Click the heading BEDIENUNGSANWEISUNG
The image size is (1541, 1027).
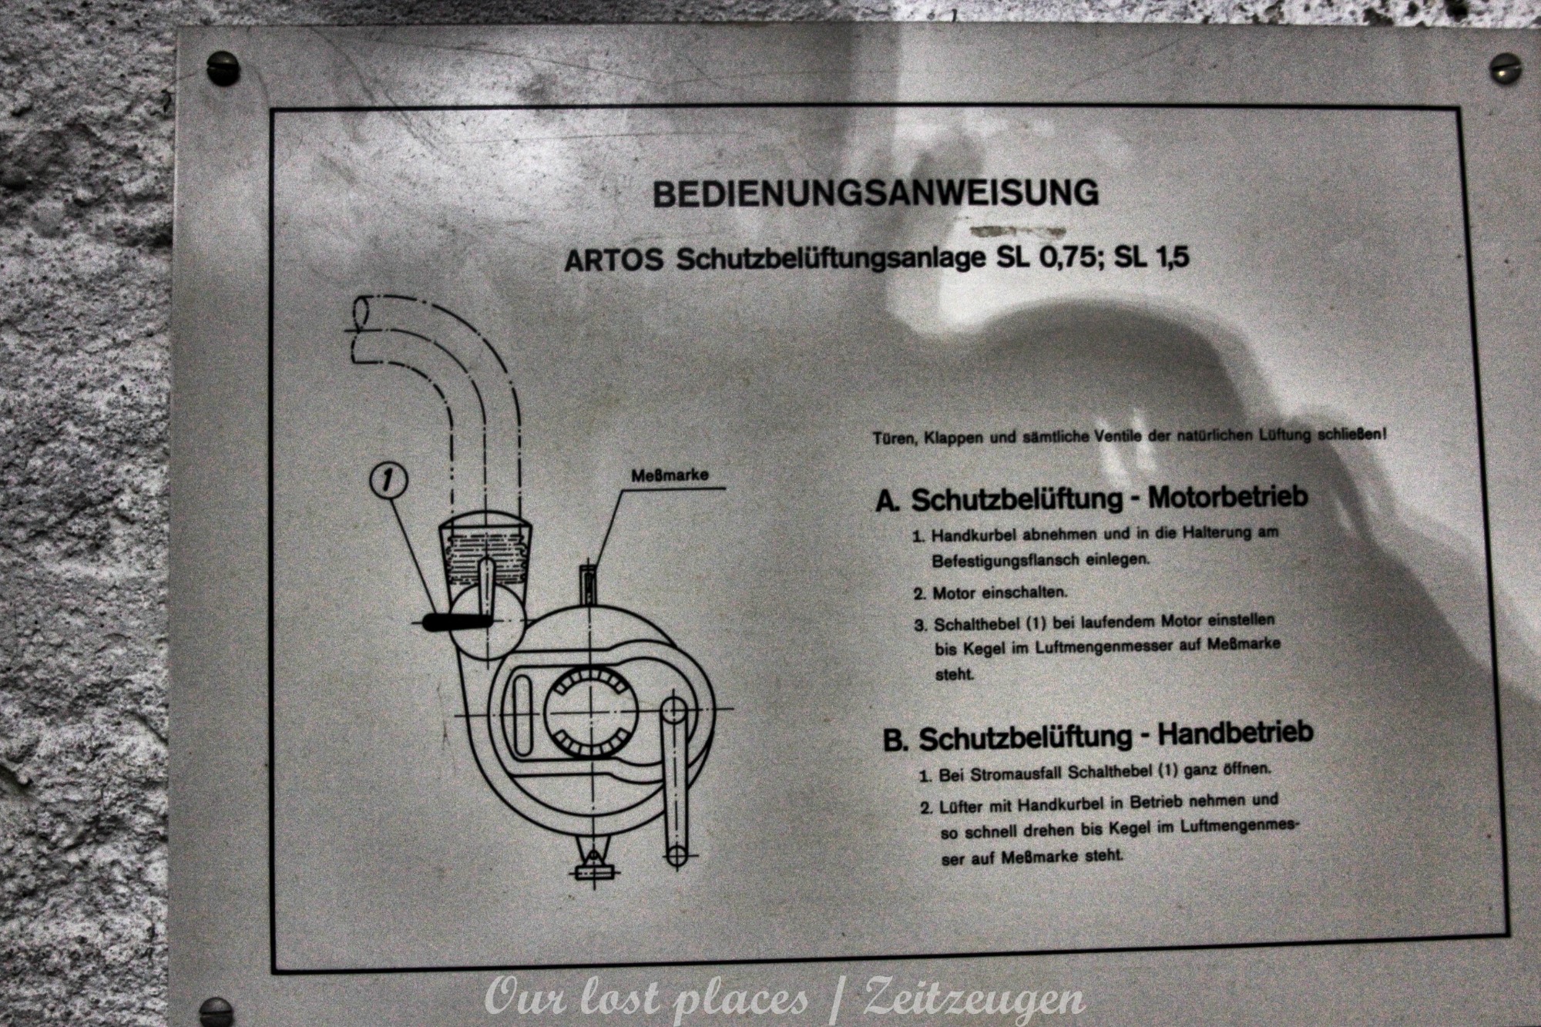(x=875, y=193)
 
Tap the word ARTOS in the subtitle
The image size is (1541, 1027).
(x=613, y=260)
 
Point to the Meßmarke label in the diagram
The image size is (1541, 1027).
(x=669, y=476)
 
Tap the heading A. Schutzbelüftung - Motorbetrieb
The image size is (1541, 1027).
(x=1092, y=498)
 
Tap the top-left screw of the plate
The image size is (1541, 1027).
(x=223, y=67)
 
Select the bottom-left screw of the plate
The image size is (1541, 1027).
(x=215, y=1012)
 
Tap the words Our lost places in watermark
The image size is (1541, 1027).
(x=646, y=999)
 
